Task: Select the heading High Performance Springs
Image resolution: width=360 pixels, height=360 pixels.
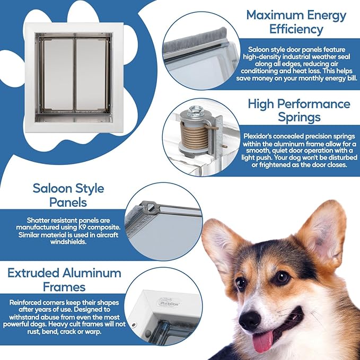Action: point(299,111)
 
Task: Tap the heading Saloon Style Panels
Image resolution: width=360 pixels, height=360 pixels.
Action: point(68,195)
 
